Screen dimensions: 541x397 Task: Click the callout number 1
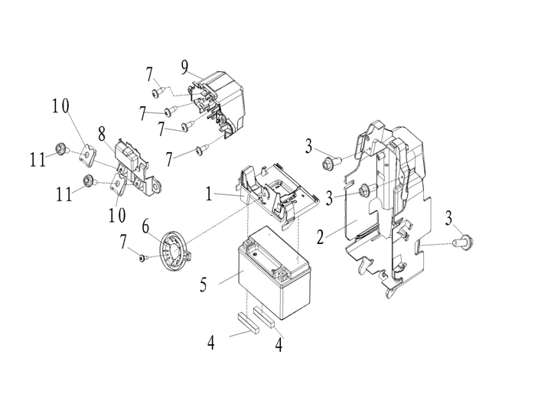(208, 194)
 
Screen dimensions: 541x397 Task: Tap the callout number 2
(321, 237)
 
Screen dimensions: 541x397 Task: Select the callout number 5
(204, 285)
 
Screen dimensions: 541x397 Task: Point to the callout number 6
(145, 228)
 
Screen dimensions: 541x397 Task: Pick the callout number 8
(102, 134)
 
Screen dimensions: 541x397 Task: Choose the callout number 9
(185, 67)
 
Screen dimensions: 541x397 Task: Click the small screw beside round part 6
(143, 258)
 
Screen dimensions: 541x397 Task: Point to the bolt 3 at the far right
(464, 242)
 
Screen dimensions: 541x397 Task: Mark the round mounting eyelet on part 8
(158, 187)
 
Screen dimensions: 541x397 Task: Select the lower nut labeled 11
(89, 181)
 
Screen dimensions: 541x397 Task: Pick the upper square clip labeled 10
(88, 152)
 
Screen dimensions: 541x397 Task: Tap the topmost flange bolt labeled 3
(329, 163)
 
